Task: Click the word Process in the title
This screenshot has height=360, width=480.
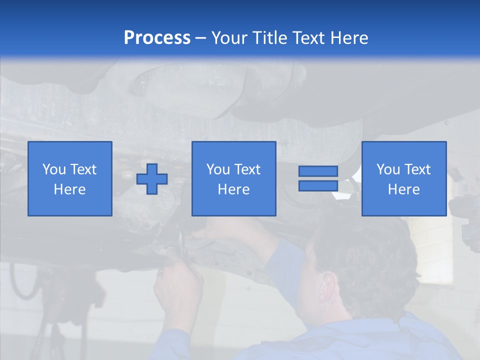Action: pyautogui.click(x=157, y=38)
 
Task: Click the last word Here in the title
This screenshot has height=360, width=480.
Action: pyautogui.click(x=350, y=38)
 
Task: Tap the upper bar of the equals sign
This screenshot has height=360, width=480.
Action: pyautogui.click(x=318, y=171)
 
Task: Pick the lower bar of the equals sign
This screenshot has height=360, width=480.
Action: pyautogui.click(x=318, y=185)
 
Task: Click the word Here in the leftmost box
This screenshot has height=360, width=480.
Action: pyautogui.click(x=70, y=189)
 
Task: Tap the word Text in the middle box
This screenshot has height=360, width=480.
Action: pyautogui.click(x=246, y=169)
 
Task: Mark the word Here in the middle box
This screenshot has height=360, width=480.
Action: pyautogui.click(x=234, y=189)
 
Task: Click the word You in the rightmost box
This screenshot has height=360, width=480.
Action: pyautogui.click(x=388, y=169)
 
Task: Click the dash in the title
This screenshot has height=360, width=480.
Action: pyautogui.click(x=201, y=38)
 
